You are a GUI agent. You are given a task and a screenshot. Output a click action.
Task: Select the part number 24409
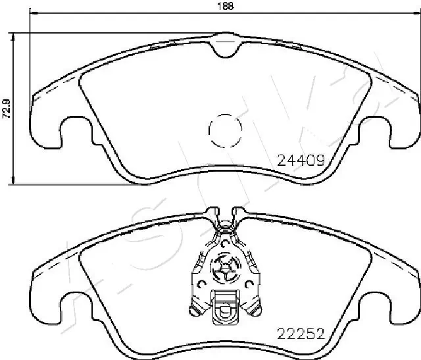[300, 158]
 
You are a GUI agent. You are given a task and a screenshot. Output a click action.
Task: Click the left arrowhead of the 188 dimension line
[34, 14]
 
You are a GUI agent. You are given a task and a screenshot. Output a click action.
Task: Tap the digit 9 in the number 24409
[322, 158]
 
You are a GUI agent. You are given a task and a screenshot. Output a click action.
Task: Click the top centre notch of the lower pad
[224, 217]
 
